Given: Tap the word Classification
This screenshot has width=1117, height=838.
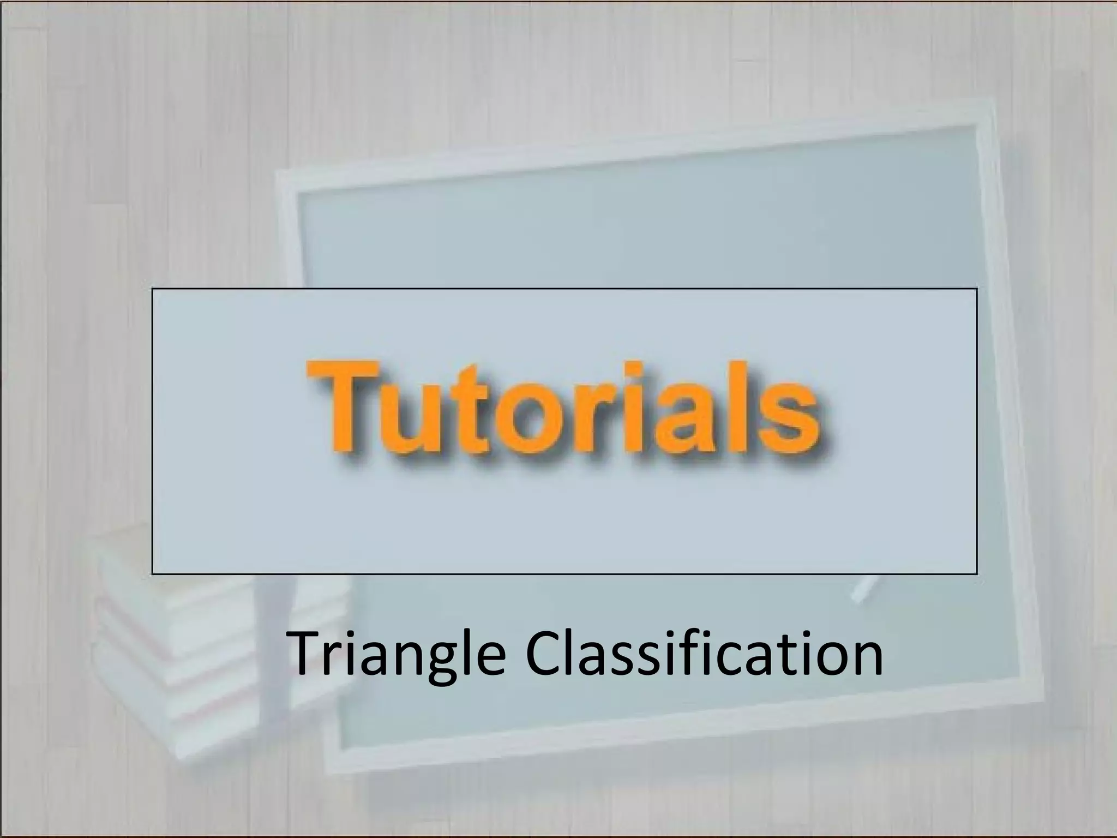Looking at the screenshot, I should (x=704, y=652).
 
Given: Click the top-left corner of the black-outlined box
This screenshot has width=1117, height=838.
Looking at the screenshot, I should (x=152, y=289).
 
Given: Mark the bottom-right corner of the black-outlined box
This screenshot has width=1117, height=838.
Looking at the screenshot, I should (x=976, y=574).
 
